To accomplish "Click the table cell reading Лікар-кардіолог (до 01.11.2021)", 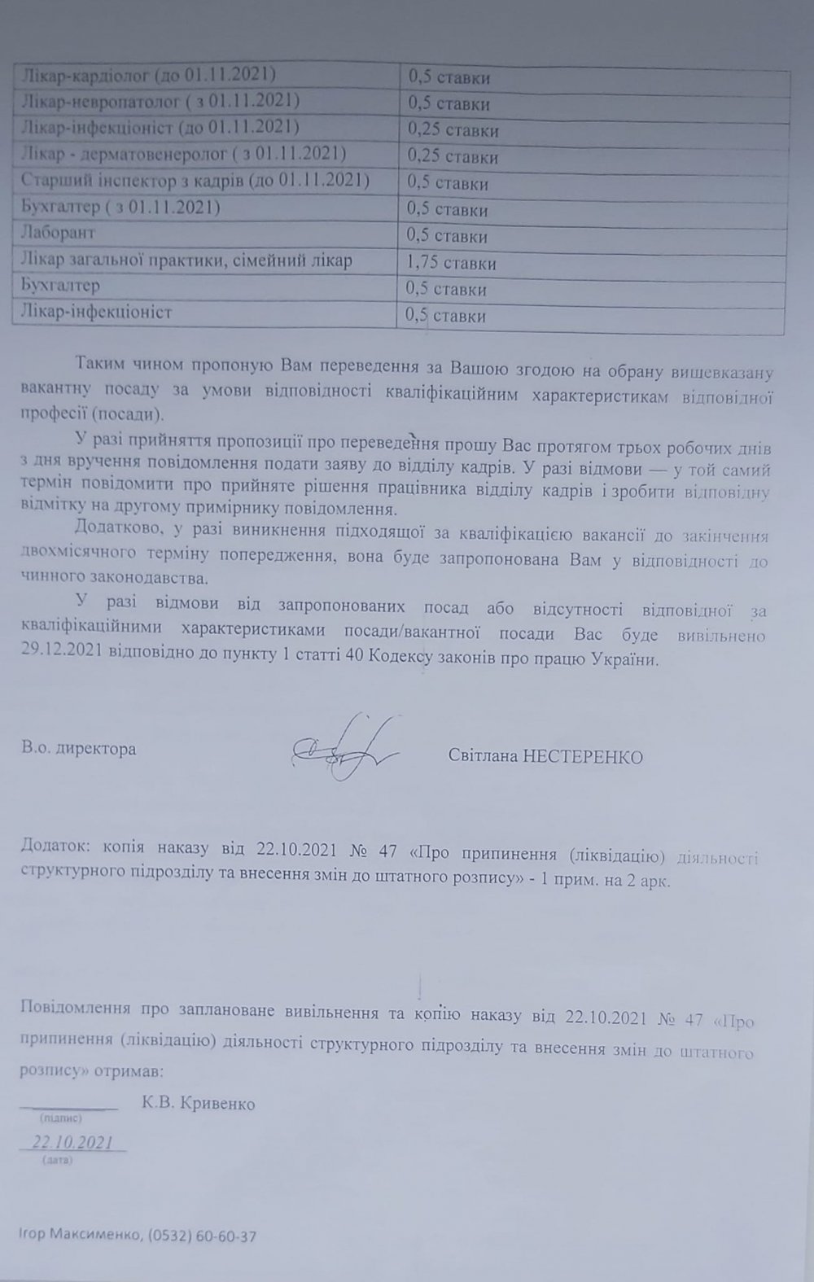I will click(147, 75).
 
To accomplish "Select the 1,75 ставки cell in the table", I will click(452, 263).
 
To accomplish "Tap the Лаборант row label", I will click(56, 233).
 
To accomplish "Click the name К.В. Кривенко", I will click(198, 1104).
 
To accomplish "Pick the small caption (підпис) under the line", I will click(60, 1120).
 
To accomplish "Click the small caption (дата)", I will click(57, 1160).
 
